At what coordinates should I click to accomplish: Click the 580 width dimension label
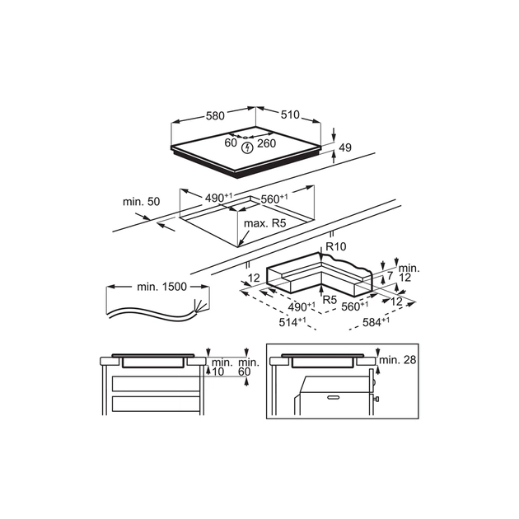[215, 116]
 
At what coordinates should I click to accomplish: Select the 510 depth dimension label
[289, 116]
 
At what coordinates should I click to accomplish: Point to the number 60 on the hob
[231, 143]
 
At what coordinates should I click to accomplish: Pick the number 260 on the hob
[266, 143]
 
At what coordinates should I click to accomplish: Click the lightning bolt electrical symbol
[248, 147]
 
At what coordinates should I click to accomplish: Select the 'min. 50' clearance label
[141, 202]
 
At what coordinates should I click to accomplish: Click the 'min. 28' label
[400, 361]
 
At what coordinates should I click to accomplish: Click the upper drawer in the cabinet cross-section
[156, 383]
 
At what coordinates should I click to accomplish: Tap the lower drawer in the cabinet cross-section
[156, 403]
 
